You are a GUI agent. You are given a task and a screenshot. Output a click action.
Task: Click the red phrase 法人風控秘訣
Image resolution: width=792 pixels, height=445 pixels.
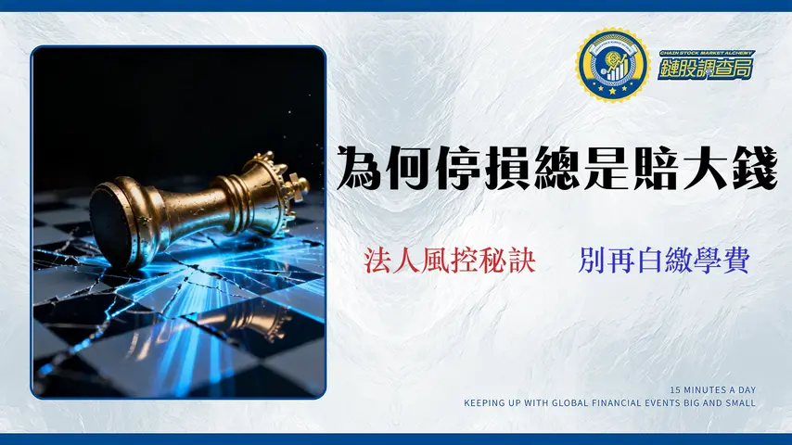pyautogui.click(x=450, y=261)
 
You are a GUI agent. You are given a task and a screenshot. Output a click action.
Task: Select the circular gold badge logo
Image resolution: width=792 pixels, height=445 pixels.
pyautogui.click(x=610, y=65)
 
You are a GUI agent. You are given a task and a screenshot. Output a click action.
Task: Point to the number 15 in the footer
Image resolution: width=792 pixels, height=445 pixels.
pyautogui.click(x=674, y=389)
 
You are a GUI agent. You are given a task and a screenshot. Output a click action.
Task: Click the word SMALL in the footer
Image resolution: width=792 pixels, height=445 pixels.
pyautogui.click(x=742, y=402)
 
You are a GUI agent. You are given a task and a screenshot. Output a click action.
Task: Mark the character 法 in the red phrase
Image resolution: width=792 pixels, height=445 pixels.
pyautogui.click(x=377, y=261)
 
